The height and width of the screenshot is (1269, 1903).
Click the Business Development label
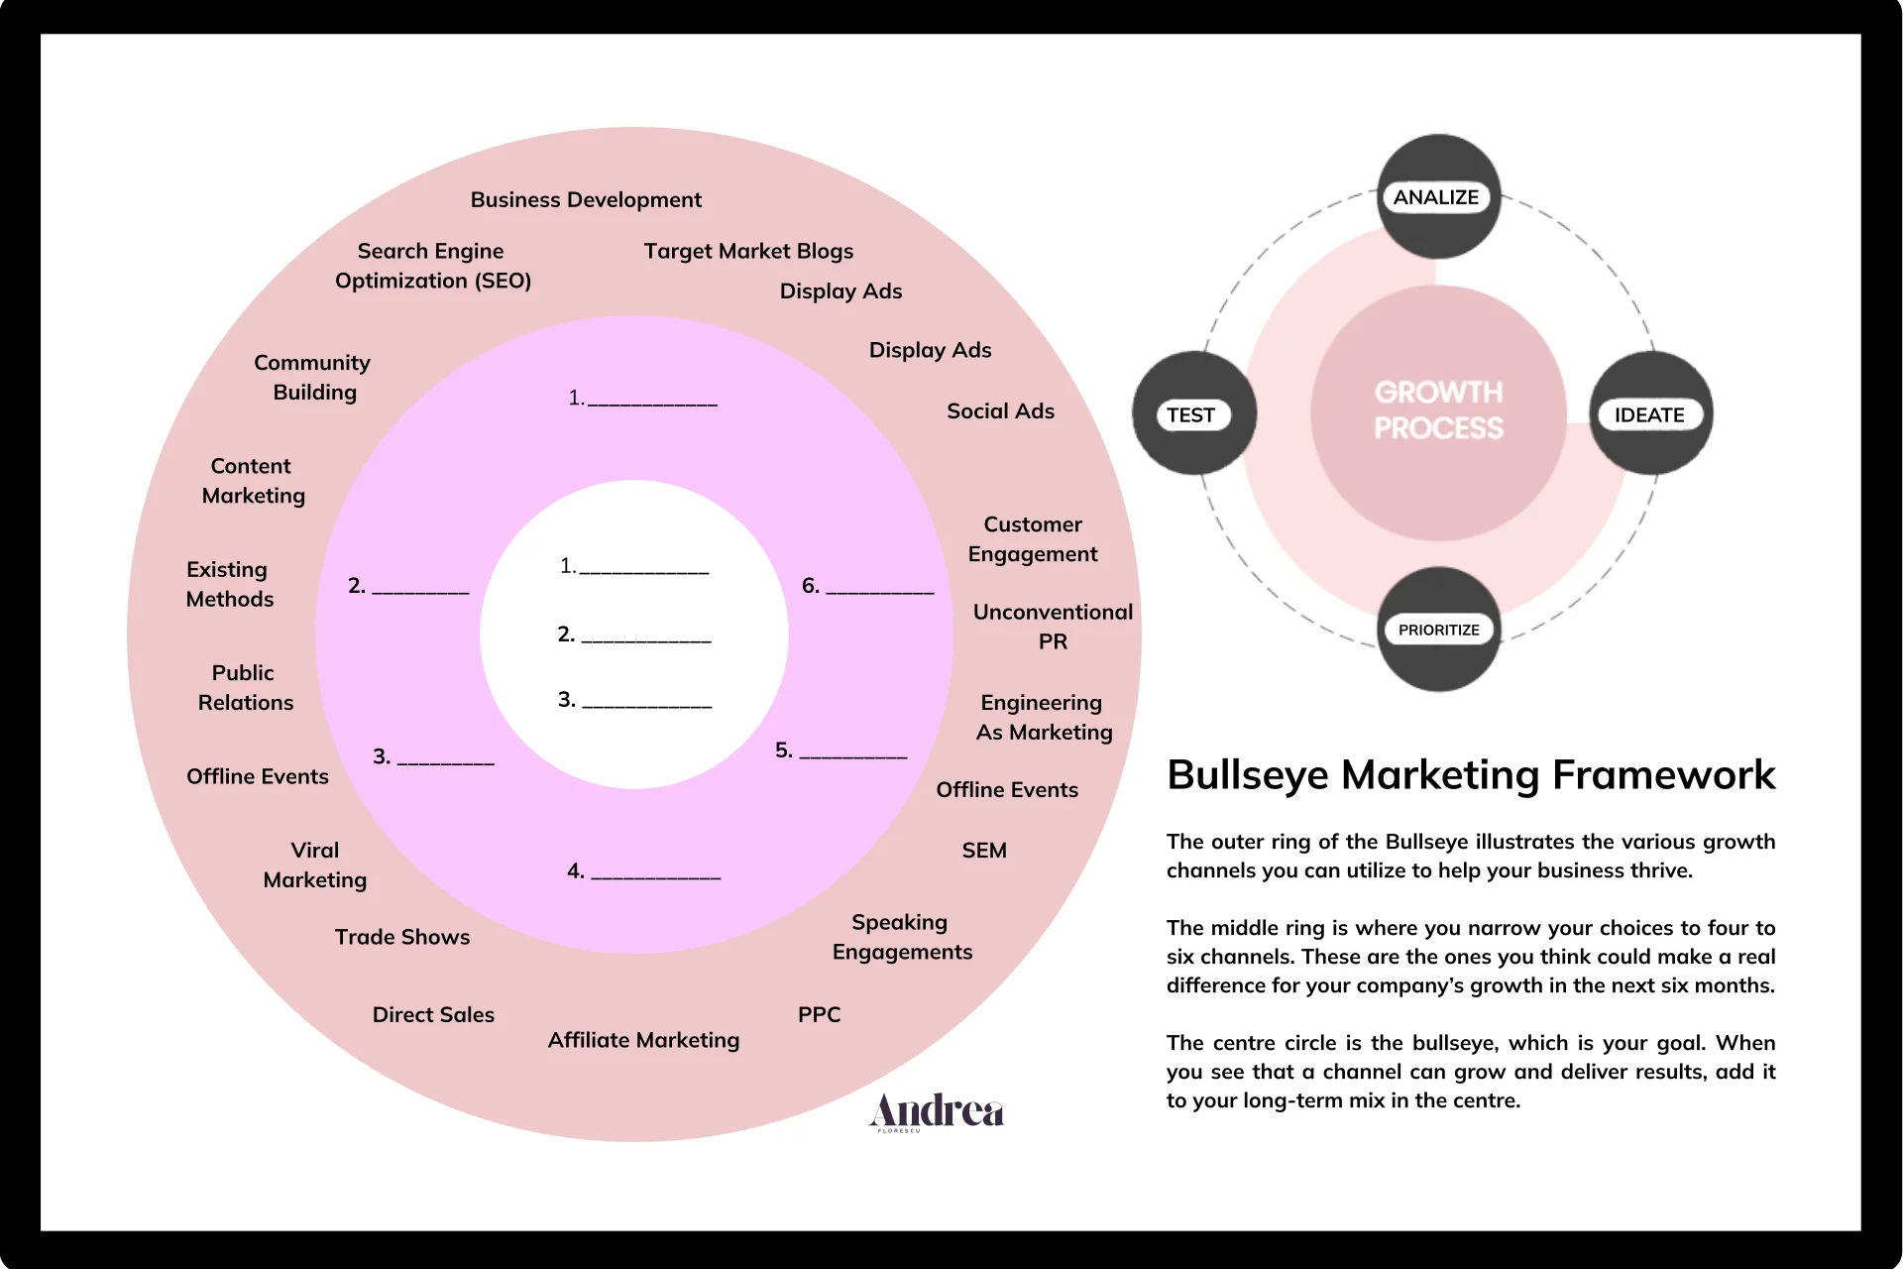coord(586,200)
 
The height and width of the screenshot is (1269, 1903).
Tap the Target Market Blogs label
coord(748,252)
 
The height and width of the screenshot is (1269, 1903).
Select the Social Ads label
coord(1000,411)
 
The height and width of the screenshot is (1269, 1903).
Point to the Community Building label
coord(312,378)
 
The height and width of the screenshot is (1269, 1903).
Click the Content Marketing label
coord(253,481)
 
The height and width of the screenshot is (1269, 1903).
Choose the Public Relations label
coord(245,688)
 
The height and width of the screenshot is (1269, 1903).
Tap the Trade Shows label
coord(402,938)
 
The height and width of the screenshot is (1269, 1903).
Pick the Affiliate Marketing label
coord(643,1040)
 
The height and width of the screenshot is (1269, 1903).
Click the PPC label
coord(819,1015)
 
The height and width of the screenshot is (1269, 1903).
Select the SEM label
coord(984,851)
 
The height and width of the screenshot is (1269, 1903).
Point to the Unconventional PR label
coord(1053,627)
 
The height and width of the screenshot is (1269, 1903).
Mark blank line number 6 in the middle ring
coord(879,589)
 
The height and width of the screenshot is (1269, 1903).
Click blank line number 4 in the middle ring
coord(655,874)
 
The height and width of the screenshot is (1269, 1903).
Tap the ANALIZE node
coord(1436,197)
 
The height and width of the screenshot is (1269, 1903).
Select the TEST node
coord(1191,415)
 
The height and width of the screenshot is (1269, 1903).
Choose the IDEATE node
coord(1649,415)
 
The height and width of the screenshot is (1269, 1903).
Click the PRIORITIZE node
coord(1438,631)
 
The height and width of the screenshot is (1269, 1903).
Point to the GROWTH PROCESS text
coord(1438,410)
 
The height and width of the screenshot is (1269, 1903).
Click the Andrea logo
coord(937,1112)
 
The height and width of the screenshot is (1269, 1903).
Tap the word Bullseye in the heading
coord(1248,775)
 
